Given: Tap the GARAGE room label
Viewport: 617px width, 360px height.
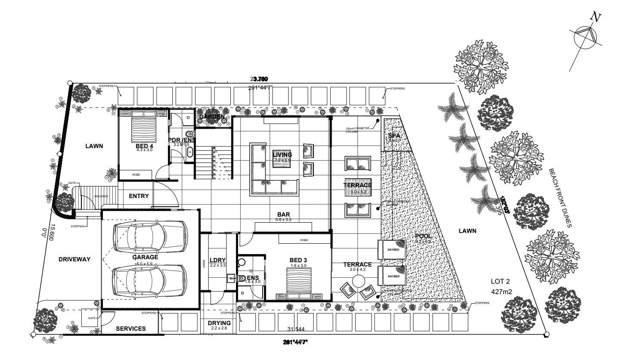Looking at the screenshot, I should [x=145, y=257].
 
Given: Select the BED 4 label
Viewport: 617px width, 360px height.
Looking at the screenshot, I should [x=145, y=146].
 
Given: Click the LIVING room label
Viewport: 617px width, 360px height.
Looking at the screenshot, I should [x=282, y=155].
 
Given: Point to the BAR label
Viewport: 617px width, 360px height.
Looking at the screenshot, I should [x=283, y=214].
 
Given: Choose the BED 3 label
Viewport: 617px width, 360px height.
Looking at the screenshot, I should [x=298, y=260].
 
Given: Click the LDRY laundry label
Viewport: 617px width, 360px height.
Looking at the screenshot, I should [x=217, y=260].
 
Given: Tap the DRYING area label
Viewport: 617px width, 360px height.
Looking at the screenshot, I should [x=219, y=323].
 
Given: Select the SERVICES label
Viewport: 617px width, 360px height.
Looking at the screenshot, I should [x=131, y=329].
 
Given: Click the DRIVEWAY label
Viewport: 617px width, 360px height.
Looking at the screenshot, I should [x=74, y=259].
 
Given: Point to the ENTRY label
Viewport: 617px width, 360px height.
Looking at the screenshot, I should [x=139, y=196].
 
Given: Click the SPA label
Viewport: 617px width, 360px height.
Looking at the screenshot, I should [x=394, y=135].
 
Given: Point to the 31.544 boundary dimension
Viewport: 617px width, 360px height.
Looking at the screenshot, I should [x=296, y=329].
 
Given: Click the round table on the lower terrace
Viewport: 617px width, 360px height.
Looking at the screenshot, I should [x=358, y=282].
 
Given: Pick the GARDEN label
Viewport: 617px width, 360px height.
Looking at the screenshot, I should [x=211, y=117].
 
